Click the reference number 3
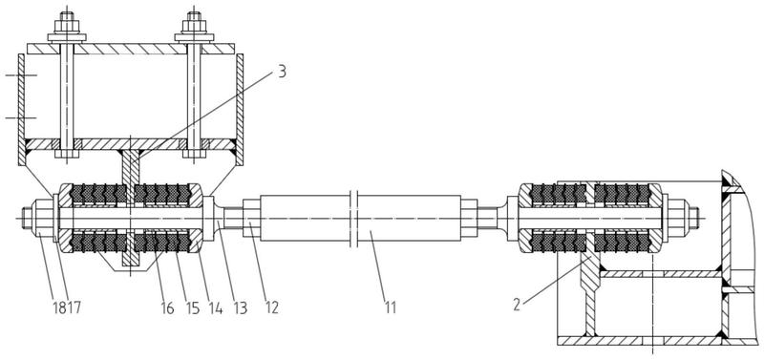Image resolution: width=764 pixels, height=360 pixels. click(x=281, y=71)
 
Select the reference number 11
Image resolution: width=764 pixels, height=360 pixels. click(x=390, y=307)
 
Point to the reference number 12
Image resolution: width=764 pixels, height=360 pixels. click(x=270, y=307)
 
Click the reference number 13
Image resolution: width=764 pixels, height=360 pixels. click(x=240, y=307)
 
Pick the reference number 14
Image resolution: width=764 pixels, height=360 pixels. click(x=214, y=307)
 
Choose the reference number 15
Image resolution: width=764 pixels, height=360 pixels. click(x=193, y=307)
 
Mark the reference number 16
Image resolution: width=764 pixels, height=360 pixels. click(x=166, y=307)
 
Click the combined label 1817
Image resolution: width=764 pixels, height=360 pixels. click(x=67, y=307)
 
